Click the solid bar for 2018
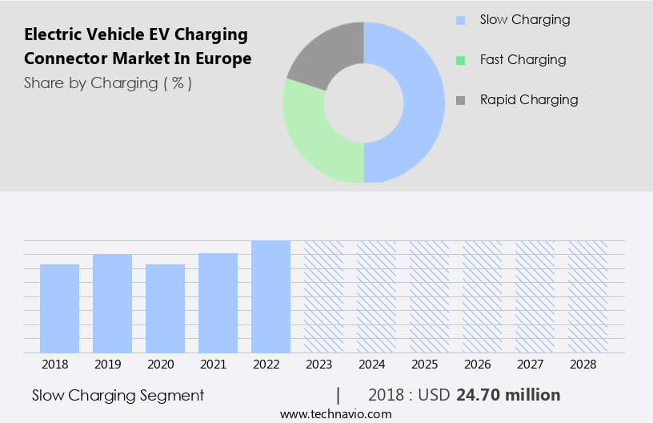[59, 308]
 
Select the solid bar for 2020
[165, 308]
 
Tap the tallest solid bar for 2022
[270, 296]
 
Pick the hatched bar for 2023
[323, 296]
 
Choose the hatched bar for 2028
[587, 296]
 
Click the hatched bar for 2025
[429, 296]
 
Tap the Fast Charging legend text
[523, 60]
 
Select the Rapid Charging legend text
[529, 100]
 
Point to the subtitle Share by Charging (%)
[108, 83]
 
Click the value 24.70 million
[508, 395]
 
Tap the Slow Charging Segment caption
[118, 395]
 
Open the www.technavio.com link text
[335, 414]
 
